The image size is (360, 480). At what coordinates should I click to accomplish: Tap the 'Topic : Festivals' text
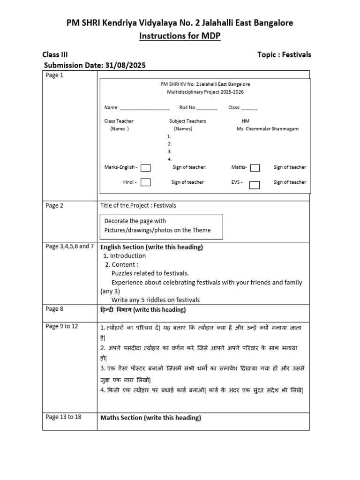[x=284, y=55]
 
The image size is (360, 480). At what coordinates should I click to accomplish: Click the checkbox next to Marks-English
[x=146, y=168]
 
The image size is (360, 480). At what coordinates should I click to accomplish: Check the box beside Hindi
[x=146, y=182]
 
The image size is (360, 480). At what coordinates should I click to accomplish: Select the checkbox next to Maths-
[x=255, y=168]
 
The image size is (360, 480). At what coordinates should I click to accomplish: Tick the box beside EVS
[x=254, y=185]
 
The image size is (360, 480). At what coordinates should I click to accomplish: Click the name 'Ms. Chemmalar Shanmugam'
[x=268, y=129]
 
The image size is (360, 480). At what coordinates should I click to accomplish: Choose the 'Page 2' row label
[x=54, y=205]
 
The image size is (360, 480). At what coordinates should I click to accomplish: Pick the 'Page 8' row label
[x=54, y=309]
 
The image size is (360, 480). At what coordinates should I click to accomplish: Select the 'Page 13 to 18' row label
[x=63, y=417]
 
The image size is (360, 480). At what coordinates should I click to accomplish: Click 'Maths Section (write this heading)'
[x=150, y=418]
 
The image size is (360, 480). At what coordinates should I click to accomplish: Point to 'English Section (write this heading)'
[x=151, y=247]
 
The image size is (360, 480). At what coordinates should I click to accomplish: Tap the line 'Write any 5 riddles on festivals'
[x=155, y=300]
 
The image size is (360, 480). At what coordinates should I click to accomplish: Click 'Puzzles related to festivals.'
[x=150, y=273]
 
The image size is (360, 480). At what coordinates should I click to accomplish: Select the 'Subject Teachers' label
[x=187, y=121]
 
